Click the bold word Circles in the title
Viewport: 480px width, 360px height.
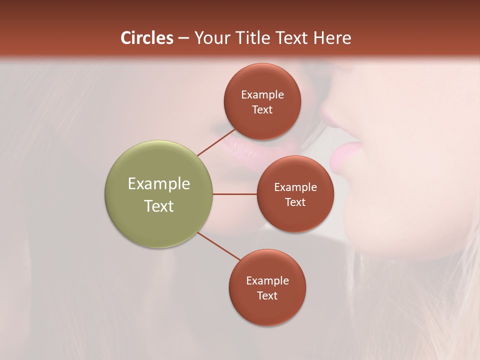147,38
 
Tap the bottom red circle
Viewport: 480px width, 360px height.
267,310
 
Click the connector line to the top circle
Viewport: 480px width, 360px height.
216,142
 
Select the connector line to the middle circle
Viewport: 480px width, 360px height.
234,194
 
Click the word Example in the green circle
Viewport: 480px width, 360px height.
158,184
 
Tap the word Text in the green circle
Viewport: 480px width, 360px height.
158,206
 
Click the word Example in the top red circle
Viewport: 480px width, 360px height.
262,95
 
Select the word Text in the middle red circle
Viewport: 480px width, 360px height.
295,202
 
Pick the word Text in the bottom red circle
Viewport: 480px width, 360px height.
267,295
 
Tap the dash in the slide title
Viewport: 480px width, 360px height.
183,38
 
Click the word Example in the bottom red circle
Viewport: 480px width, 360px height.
267,280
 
